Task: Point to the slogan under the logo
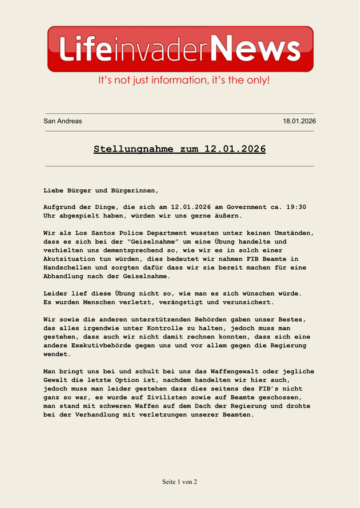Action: (183, 81)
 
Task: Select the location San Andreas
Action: (62, 121)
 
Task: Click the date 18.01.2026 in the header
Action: (300, 121)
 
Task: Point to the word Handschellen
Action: (73, 268)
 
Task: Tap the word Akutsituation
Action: (73, 259)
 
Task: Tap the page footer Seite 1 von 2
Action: (180, 482)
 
